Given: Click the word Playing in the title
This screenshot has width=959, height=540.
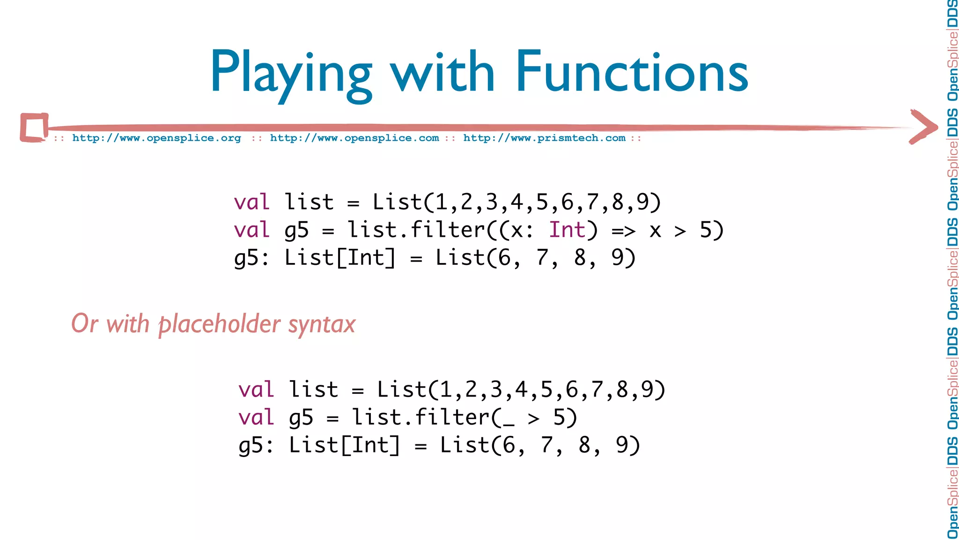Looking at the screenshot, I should [x=290, y=73].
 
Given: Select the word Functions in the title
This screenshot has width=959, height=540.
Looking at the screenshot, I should [x=632, y=73].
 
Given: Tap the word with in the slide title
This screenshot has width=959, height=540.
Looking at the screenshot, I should [x=443, y=73].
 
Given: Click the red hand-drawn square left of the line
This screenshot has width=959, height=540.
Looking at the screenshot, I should [x=34, y=127].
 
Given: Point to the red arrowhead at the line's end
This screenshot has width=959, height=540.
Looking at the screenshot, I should [x=923, y=127].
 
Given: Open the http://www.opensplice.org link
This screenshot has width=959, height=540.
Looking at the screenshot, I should [x=156, y=138].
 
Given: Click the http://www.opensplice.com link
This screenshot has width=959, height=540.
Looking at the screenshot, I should [x=354, y=138].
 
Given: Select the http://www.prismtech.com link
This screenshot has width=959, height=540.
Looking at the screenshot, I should [x=544, y=138].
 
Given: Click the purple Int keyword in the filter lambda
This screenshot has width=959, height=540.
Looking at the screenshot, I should [x=567, y=230].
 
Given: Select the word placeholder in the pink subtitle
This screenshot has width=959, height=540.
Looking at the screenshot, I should [x=220, y=324].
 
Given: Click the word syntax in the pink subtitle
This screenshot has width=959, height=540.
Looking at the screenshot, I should [x=322, y=324].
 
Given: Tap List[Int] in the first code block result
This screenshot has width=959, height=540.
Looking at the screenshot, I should [x=340, y=258].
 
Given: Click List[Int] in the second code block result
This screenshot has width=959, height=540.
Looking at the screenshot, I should [x=344, y=445].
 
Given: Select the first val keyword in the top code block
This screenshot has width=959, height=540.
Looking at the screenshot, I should [x=252, y=202].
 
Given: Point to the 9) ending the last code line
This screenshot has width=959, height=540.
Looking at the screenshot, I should [x=627, y=445].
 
